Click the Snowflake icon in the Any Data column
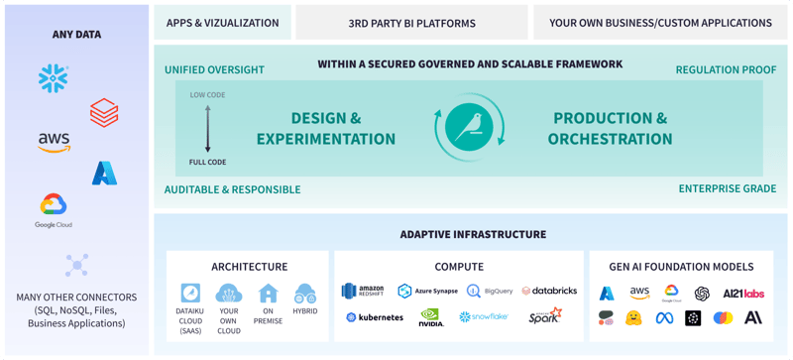[x=54, y=78]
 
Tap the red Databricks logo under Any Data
[x=104, y=112]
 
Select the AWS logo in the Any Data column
[x=54, y=143]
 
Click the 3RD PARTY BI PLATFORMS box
[x=411, y=23]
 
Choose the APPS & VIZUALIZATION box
[x=222, y=23]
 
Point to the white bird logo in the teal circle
[x=470, y=128]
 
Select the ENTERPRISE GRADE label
[x=728, y=188]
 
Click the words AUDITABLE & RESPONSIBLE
[x=232, y=188]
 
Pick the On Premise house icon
[x=268, y=294]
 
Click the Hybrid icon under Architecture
[x=305, y=294]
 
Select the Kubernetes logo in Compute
[x=375, y=317]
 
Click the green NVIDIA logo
[x=431, y=317]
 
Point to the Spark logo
[x=544, y=316]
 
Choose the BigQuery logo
[x=490, y=291]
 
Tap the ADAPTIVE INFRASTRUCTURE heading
[x=473, y=235]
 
